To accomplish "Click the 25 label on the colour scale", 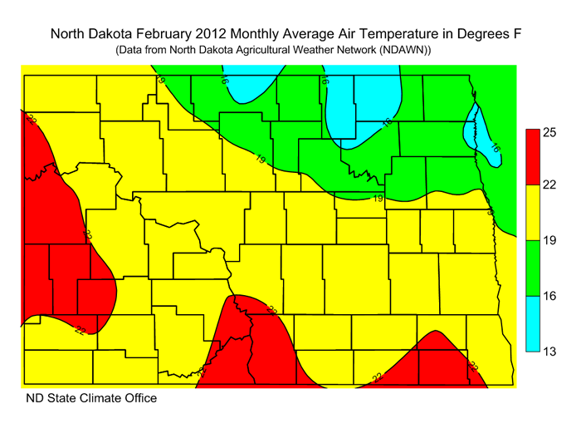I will [549, 131].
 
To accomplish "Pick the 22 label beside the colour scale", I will [549, 186].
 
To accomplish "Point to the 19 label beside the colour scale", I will [549, 241].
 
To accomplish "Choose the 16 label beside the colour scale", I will [549, 296].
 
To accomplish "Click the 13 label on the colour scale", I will [549, 351].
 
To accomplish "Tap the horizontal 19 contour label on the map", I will [378, 199].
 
